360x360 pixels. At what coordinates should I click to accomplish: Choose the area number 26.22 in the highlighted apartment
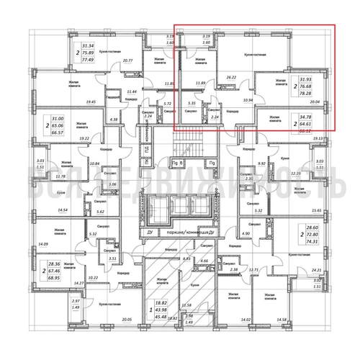(x=232, y=76)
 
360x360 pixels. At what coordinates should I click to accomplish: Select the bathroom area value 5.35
(x=192, y=104)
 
